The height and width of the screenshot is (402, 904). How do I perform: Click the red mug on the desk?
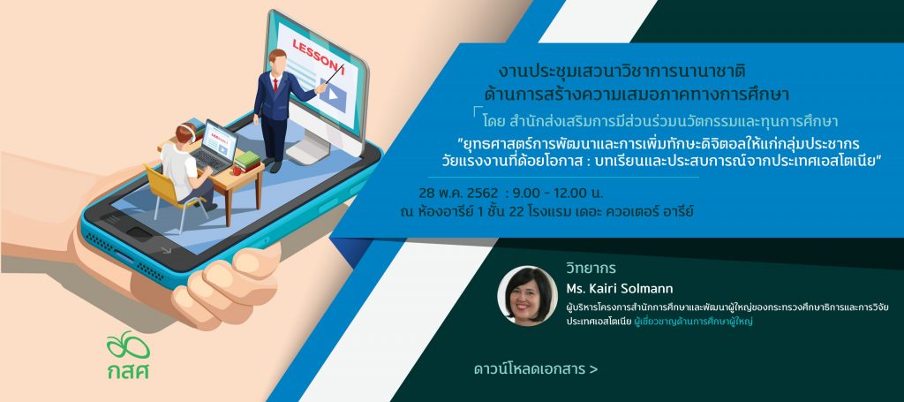[x=237, y=170]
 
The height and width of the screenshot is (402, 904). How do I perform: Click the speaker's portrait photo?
[x=528, y=296]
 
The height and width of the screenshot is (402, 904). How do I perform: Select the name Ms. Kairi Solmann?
[x=619, y=288]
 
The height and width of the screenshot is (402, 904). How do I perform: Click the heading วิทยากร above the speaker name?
[x=591, y=269]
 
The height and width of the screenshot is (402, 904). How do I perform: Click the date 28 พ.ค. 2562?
[x=458, y=192]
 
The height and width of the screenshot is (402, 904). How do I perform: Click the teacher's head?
[x=277, y=61]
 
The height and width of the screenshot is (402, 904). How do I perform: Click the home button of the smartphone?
[x=139, y=233]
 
